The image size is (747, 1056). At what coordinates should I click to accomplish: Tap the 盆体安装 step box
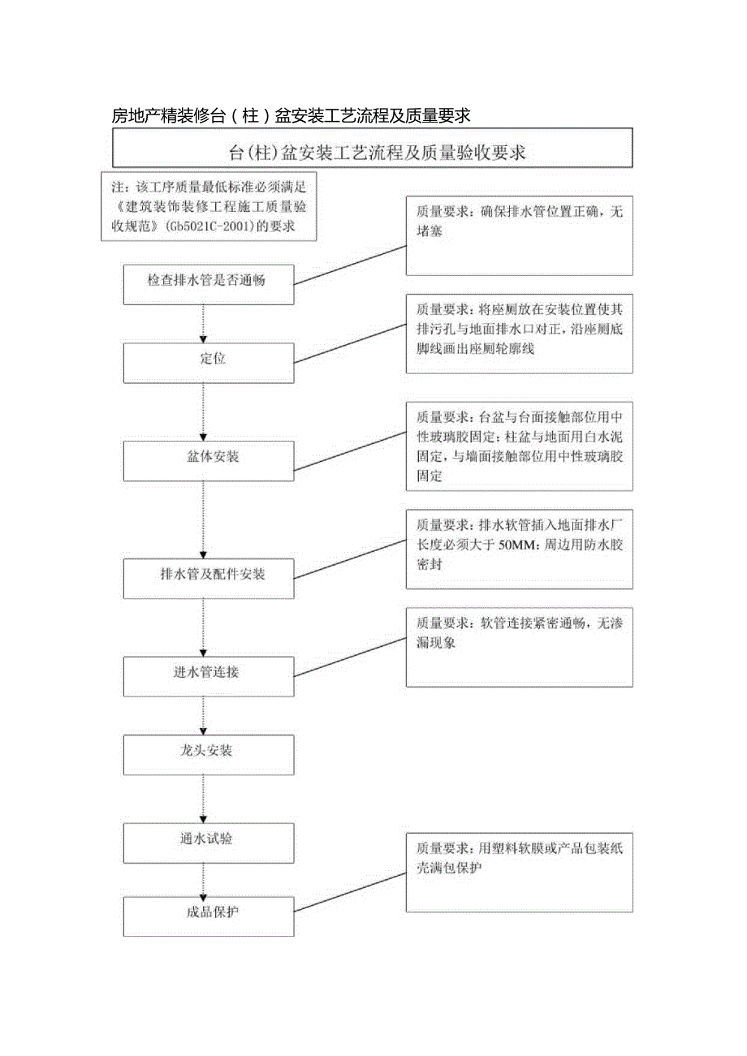(209, 459)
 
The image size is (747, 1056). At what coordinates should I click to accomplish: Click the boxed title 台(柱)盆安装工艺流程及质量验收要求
(372, 152)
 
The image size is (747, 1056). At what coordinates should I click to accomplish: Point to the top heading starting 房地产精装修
(291, 116)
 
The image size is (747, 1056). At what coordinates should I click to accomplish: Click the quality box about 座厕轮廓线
(520, 334)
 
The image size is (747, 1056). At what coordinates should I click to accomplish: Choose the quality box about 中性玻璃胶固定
(520, 446)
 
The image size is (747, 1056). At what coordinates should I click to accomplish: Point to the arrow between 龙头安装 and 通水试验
(203, 799)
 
